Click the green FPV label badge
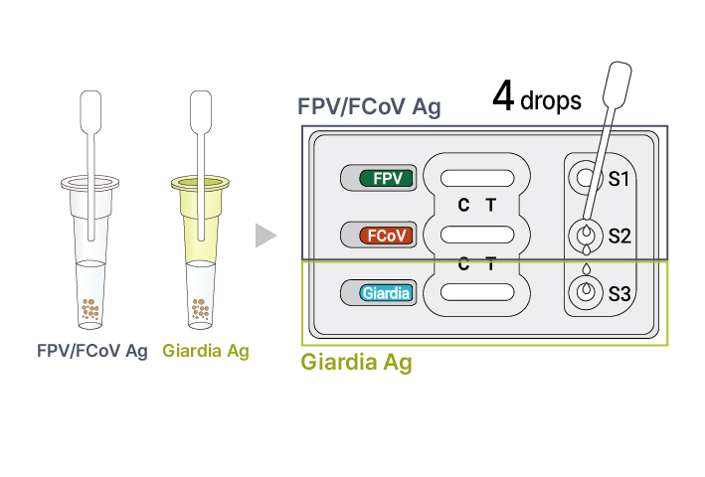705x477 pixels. tap(386, 178)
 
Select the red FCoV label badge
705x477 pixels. tap(386, 236)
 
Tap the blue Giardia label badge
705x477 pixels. tap(386, 293)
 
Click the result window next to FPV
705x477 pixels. tap(477, 178)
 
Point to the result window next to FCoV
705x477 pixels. tap(477, 235)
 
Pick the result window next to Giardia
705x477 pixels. tap(477, 292)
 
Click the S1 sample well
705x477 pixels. tap(586, 178)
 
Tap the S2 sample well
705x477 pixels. tap(586, 235)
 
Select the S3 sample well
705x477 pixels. tap(586, 292)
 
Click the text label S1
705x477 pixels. tap(618, 179)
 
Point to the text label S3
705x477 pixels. tap(619, 294)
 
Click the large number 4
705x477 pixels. tap(503, 95)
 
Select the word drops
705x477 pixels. tap(551, 100)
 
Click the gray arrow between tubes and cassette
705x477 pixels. tap(265, 236)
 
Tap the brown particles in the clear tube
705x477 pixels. tap(90, 309)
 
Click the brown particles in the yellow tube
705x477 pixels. tap(201, 309)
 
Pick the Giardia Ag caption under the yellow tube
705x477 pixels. tap(206, 351)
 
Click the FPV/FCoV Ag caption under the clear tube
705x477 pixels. tap(92, 351)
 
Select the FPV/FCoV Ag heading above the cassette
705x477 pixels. tap(369, 107)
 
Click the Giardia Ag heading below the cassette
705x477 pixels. tap(356, 363)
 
